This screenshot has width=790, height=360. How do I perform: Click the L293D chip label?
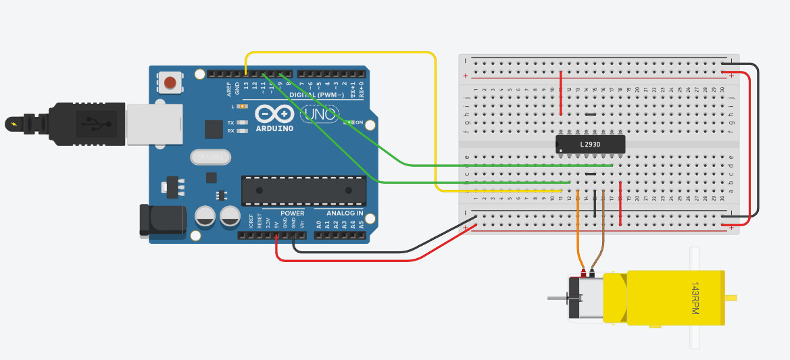(x=590, y=144)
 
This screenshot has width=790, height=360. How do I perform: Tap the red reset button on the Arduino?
(x=170, y=83)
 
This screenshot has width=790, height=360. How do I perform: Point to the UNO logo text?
(x=316, y=115)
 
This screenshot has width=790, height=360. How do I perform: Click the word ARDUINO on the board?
(x=274, y=128)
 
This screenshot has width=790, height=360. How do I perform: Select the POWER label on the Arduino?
(x=293, y=213)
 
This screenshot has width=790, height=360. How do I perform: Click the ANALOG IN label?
(x=345, y=213)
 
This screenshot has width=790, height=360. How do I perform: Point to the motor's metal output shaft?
(x=557, y=298)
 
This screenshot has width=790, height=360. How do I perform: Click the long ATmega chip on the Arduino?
(x=303, y=190)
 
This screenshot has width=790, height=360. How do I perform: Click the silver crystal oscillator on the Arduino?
(x=210, y=157)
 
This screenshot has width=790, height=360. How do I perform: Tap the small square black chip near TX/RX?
(x=214, y=130)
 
